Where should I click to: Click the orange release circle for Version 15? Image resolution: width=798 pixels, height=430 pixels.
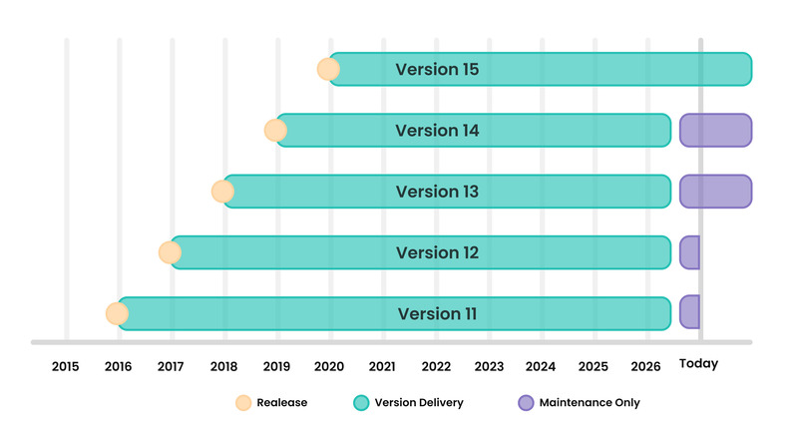(x=328, y=69)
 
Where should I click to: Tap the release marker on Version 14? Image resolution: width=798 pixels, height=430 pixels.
(x=275, y=131)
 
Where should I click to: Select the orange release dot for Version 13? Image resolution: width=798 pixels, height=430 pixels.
(x=222, y=192)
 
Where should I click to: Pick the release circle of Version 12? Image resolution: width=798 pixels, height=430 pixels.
(x=170, y=252)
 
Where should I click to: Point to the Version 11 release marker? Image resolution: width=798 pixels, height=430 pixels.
(x=117, y=314)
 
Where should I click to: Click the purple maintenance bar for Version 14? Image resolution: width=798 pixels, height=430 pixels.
(x=715, y=131)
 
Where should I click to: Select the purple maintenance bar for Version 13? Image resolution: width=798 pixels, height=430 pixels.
(x=715, y=192)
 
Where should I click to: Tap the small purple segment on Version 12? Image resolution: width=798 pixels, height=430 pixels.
(x=689, y=252)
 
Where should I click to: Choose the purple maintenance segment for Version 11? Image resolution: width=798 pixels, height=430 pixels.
(x=689, y=312)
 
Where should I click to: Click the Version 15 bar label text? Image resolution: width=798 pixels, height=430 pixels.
(x=437, y=69)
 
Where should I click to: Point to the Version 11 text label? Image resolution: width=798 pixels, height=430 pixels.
(x=437, y=314)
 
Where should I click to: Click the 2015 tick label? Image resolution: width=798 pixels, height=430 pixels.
(x=65, y=366)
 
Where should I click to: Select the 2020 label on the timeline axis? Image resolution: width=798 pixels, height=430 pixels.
(x=329, y=366)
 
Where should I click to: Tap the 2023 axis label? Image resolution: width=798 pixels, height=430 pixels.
(x=489, y=366)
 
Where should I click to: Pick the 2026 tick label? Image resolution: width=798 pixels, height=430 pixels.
(x=645, y=366)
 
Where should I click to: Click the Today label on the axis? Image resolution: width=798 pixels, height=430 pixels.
(x=699, y=364)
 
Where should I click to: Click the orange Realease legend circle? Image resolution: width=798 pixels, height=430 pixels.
(x=243, y=402)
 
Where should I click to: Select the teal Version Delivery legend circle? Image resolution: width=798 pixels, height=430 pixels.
(x=361, y=402)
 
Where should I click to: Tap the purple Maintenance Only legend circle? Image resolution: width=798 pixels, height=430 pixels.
(x=526, y=402)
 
